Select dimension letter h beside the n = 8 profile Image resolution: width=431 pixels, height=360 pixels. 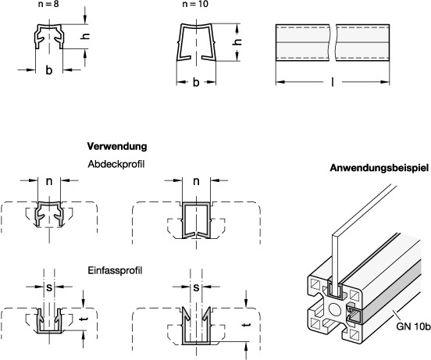pyautogui.click(x=87, y=37)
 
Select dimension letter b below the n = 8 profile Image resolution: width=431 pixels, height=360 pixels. pyautogui.click(x=48, y=71)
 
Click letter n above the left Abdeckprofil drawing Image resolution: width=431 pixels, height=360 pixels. pyautogui.click(x=48, y=184)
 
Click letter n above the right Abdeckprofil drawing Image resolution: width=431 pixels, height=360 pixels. pyautogui.click(x=195, y=184)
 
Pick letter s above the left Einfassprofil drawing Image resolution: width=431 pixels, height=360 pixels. pyautogui.click(x=48, y=289)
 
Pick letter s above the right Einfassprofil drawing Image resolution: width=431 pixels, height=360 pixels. pyautogui.click(x=195, y=289)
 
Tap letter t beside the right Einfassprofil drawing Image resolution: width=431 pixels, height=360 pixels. pyautogui.click(x=247, y=325)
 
